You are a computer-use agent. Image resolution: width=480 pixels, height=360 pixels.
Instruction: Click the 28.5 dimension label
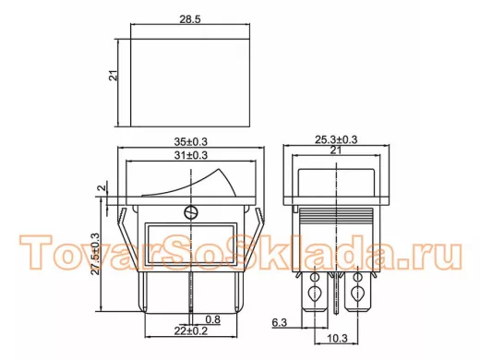(x=190, y=19)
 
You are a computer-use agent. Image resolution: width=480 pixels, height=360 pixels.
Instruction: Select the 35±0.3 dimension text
(x=191, y=142)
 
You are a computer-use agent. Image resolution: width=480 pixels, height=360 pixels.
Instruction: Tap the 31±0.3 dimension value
(x=191, y=155)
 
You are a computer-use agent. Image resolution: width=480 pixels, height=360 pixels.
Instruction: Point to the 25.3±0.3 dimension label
(x=336, y=139)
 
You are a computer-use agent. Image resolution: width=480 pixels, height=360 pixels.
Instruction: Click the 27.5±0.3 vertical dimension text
(x=96, y=254)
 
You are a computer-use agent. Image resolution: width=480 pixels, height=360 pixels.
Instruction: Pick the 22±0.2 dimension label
(x=191, y=331)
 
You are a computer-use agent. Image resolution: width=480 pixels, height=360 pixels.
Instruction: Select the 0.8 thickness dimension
(x=213, y=319)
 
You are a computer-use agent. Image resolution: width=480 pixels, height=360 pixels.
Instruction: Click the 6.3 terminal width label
(x=280, y=322)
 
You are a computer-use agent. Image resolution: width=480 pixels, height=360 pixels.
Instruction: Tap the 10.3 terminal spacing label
(x=337, y=339)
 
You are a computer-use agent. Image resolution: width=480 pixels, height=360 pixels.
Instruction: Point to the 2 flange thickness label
(x=102, y=187)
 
